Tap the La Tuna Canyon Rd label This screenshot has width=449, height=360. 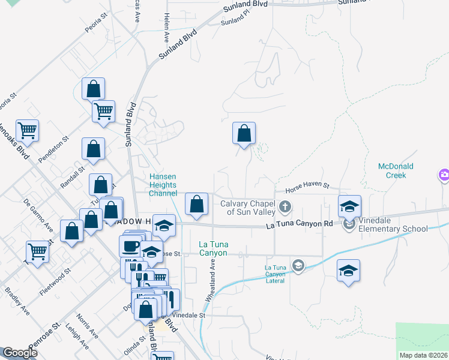coord(299,224)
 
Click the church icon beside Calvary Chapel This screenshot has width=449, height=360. coord(285,208)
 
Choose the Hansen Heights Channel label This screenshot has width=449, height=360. coord(163,185)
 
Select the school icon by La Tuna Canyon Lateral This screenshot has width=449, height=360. coord(297,265)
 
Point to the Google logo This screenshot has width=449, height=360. coord(20,353)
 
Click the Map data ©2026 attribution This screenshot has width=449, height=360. coord(423,355)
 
